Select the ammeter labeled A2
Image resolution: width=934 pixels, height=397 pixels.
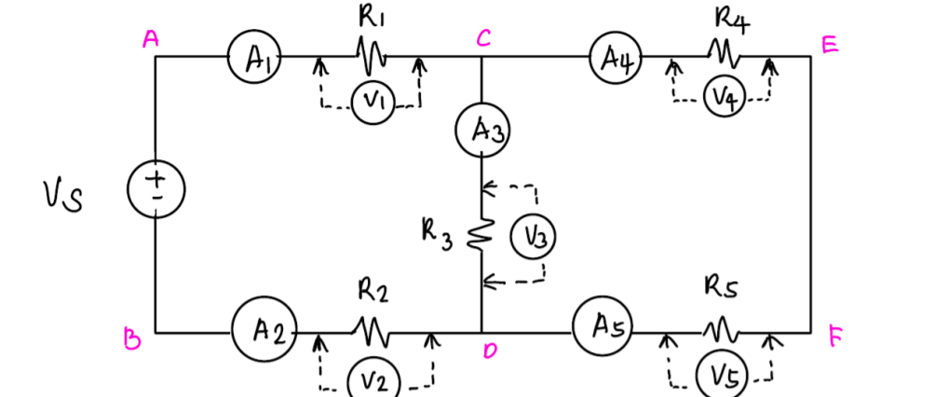pos(264,333)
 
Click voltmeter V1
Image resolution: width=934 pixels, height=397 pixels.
pos(372,104)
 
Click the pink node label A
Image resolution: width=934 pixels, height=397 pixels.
pos(149,38)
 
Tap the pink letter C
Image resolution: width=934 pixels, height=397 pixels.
pos(483,37)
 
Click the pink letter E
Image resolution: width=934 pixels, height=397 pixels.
pos(828,47)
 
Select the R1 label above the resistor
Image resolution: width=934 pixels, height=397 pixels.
pos(371,16)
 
